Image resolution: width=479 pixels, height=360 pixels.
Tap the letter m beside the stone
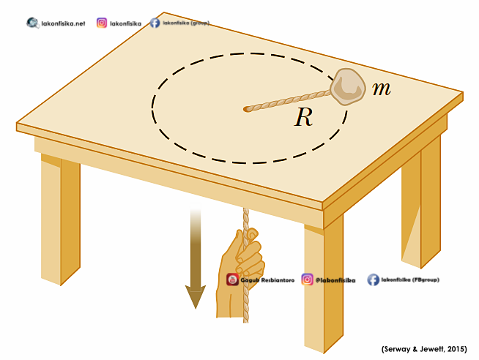(381, 89)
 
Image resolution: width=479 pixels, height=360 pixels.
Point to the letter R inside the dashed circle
(303, 118)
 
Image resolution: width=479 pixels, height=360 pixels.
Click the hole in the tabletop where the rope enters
(246, 110)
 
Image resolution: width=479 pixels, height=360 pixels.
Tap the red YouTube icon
(232, 279)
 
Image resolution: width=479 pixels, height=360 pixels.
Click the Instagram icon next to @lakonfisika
(307, 279)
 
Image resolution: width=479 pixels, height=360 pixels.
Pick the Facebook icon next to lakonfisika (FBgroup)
(373, 279)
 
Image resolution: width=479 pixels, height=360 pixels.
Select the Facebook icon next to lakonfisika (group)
(155, 23)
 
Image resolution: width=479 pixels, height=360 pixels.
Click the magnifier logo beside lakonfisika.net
(33, 23)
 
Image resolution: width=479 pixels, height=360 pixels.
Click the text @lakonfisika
(335, 280)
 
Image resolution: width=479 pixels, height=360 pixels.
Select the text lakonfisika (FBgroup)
(412, 280)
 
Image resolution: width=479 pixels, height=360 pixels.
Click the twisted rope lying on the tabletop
(289, 100)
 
